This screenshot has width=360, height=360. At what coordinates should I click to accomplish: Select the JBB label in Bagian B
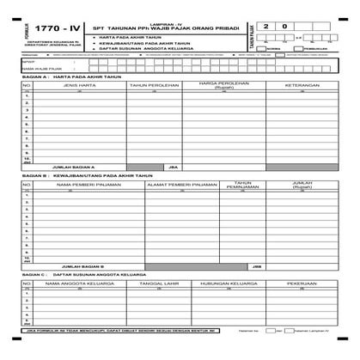point(256,266)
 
